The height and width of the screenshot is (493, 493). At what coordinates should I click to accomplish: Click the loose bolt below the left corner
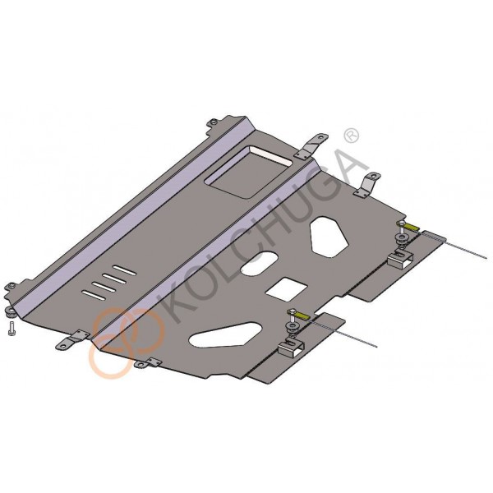[12, 329]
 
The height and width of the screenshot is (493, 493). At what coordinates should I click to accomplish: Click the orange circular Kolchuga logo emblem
[127, 343]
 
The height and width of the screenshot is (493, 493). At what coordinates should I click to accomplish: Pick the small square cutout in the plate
[287, 287]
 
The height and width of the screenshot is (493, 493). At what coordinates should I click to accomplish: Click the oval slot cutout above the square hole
[260, 264]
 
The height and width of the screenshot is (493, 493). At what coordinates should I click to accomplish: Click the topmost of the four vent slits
[125, 270]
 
